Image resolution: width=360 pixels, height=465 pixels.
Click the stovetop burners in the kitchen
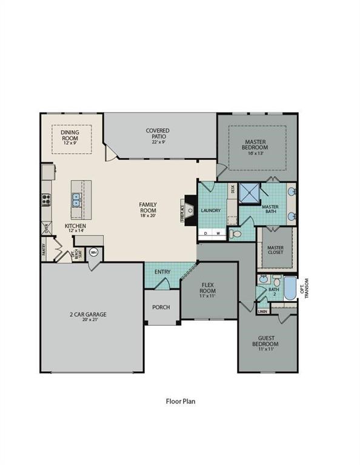(45, 199)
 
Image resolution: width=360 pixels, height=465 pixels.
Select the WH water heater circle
(94, 252)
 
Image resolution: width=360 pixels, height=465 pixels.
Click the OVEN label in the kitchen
(45, 228)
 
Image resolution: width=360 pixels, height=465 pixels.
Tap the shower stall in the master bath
(249, 194)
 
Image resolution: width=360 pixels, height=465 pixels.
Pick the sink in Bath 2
(263, 280)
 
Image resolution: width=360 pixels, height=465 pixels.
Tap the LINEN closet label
(262, 311)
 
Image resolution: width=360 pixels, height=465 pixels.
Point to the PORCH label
(161, 307)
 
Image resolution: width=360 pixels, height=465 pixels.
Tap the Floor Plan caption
(180, 400)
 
